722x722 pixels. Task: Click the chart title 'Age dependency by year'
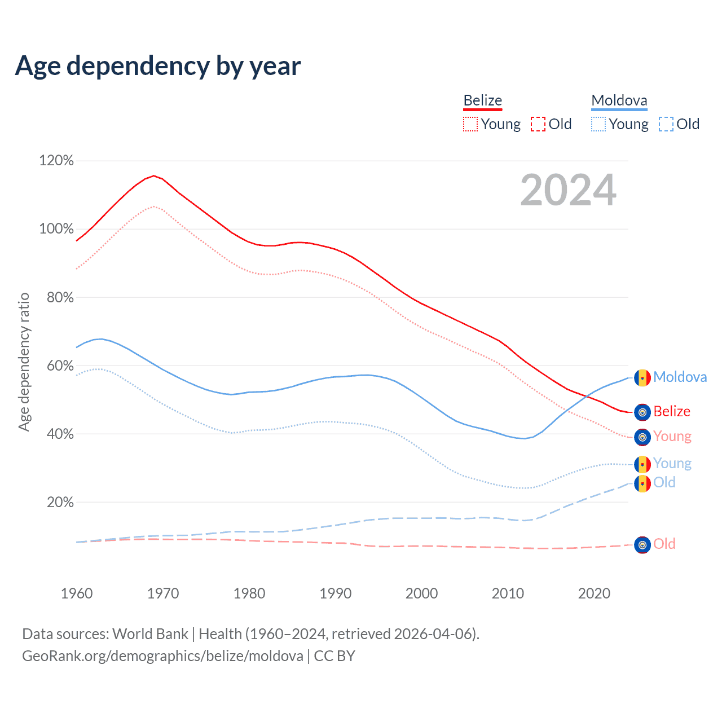click(158, 66)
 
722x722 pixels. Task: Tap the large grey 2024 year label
click(568, 190)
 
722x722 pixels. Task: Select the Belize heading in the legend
click(482, 101)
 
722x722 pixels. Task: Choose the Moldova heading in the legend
click(619, 101)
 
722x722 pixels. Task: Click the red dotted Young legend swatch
click(470, 124)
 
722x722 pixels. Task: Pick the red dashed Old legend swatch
click(538, 124)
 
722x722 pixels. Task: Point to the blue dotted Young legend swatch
click(598, 124)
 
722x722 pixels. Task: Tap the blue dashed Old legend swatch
click(666, 124)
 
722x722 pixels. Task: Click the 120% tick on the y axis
click(56, 161)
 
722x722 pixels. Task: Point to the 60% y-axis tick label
click(60, 366)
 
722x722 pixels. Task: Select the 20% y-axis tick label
click(60, 502)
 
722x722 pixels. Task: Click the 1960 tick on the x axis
click(77, 593)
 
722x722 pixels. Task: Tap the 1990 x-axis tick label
click(336, 593)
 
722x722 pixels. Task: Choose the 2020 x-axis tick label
click(594, 593)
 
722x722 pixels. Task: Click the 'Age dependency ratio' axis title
click(24, 362)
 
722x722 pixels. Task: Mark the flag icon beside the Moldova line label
click(642, 378)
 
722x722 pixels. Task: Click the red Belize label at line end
click(672, 412)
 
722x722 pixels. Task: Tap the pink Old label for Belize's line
click(664, 544)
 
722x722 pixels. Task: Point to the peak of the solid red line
click(153, 175)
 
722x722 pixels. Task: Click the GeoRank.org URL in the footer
click(162, 656)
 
